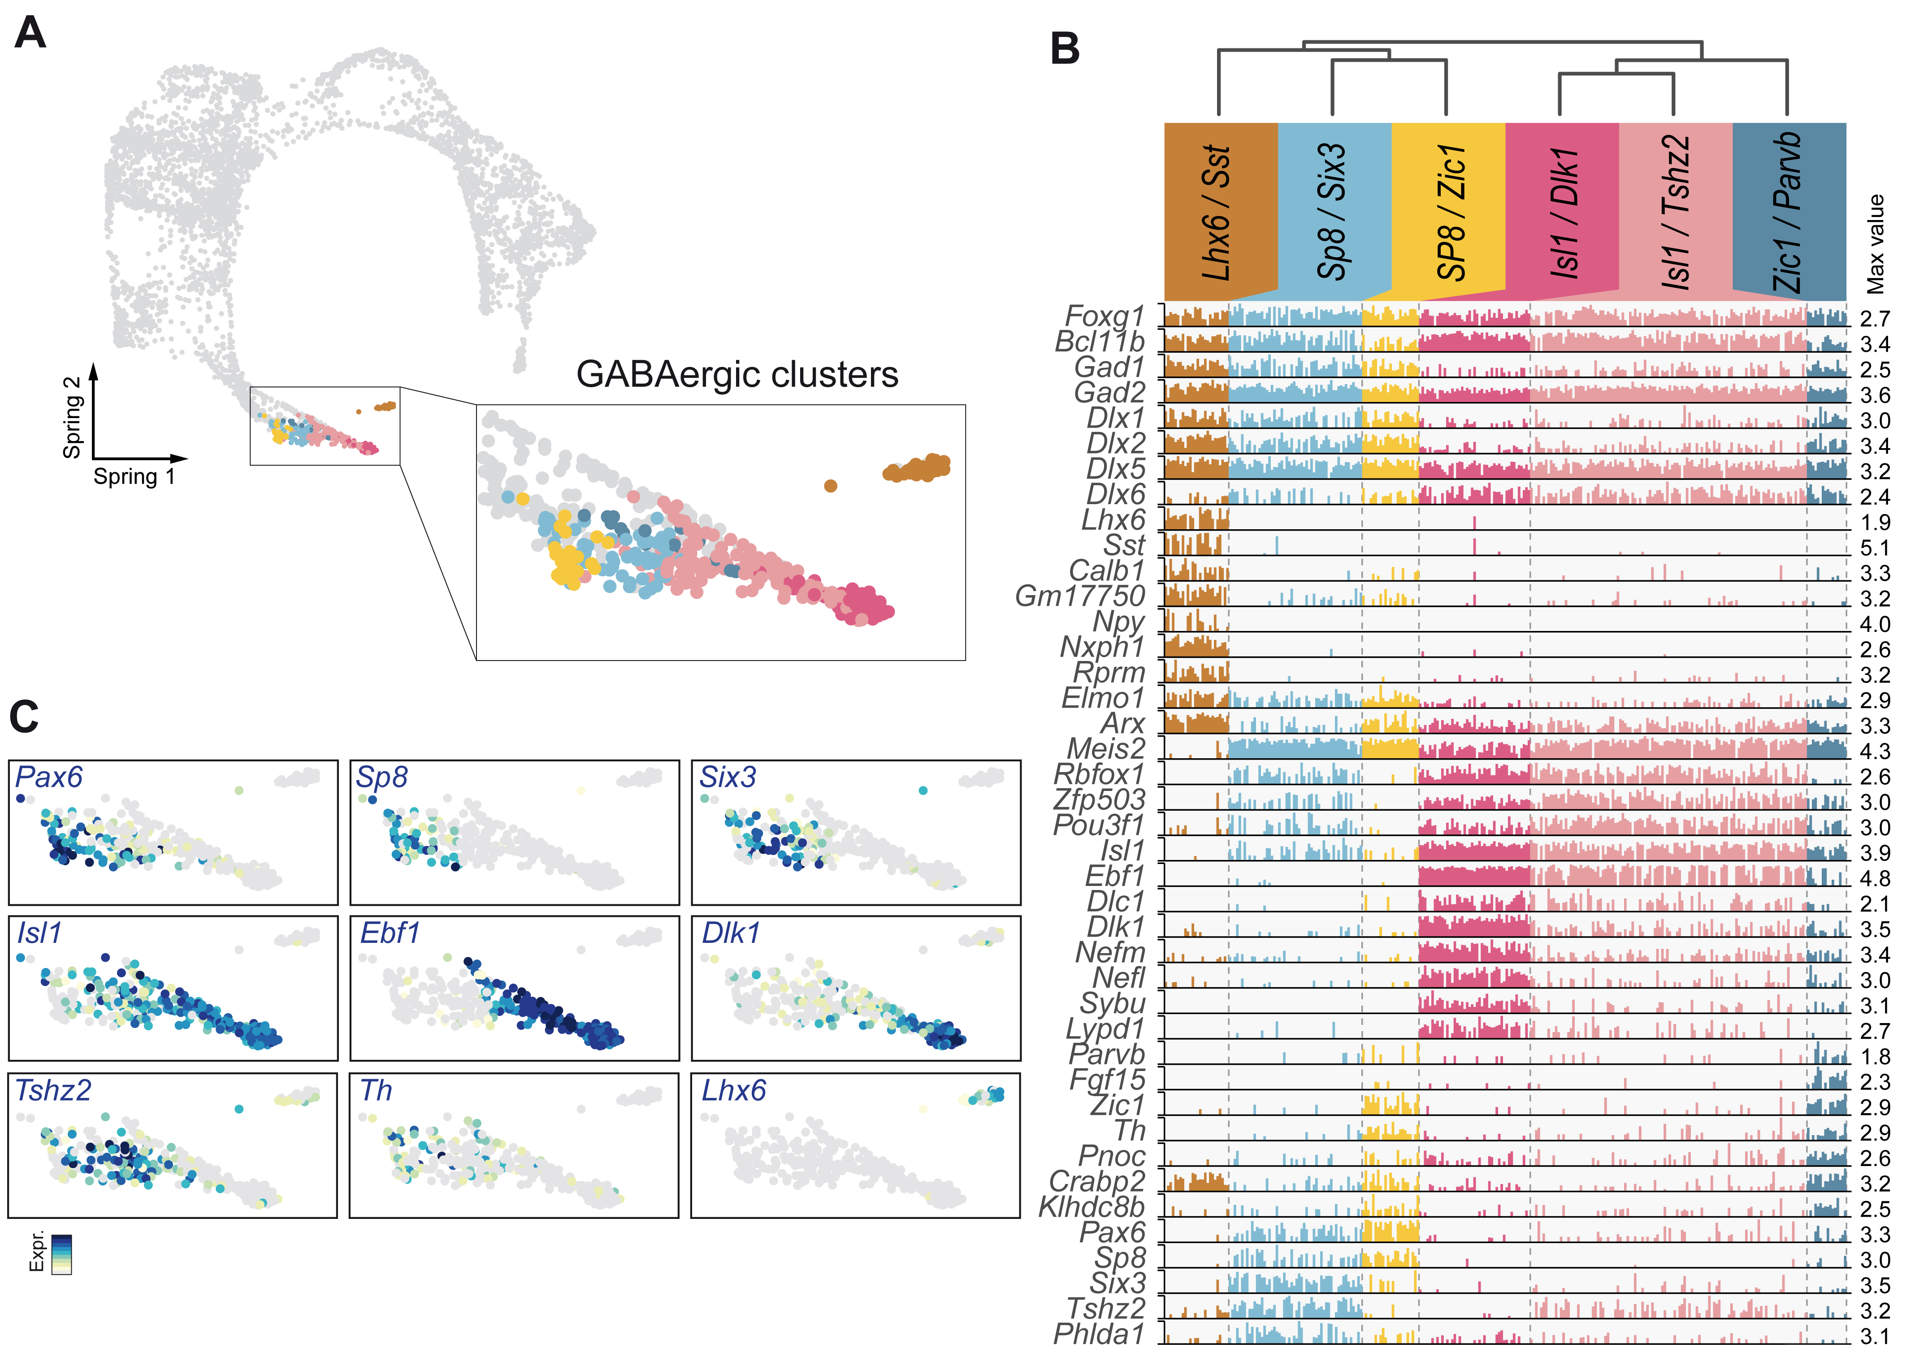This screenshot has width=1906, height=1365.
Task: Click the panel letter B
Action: [1065, 49]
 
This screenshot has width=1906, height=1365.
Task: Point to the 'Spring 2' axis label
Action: [72, 418]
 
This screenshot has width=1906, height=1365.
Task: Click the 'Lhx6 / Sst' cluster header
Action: [1218, 212]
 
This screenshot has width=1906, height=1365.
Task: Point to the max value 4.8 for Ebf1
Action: [1875, 879]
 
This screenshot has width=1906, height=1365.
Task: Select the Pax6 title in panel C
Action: [49, 777]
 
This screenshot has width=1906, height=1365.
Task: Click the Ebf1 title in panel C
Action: [390, 933]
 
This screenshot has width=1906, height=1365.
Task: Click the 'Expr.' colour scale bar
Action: [61, 1254]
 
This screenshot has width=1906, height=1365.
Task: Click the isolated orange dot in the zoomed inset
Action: [830, 485]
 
